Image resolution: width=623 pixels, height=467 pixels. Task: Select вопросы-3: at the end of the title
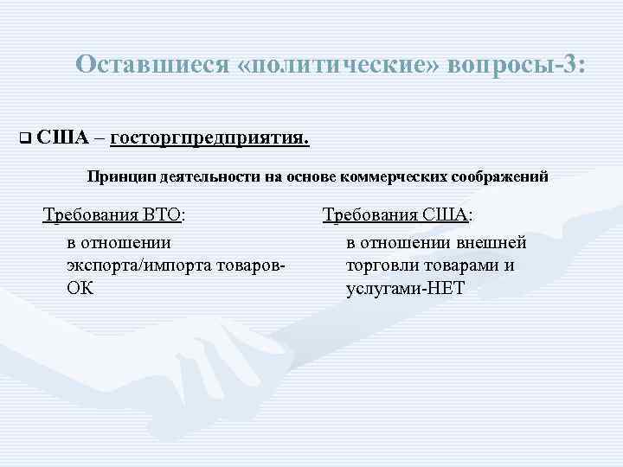(x=517, y=65)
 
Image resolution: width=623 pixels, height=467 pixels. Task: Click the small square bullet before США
(x=23, y=138)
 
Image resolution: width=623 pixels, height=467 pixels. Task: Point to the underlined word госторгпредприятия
(x=210, y=137)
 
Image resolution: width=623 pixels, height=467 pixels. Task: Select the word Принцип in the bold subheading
(x=119, y=176)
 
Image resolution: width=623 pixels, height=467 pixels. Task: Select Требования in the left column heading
(x=92, y=214)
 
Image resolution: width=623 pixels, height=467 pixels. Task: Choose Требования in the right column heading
(x=370, y=214)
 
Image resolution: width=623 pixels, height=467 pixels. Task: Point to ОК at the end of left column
(x=80, y=288)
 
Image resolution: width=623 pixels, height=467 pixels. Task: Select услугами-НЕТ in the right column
(x=405, y=288)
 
